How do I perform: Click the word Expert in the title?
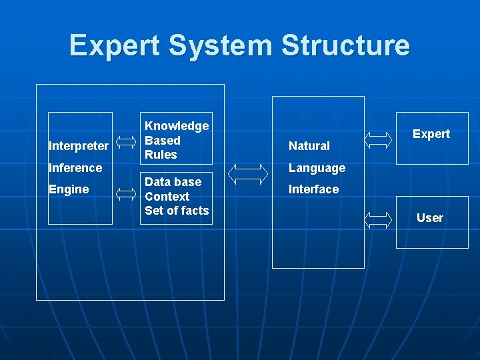(x=115, y=46)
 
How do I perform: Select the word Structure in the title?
(x=345, y=46)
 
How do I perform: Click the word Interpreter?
(x=79, y=146)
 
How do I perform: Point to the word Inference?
(x=75, y=168)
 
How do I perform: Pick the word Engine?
(x=69, y=189)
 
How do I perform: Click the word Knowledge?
(x=177, y=126)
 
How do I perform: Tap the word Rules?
(x=161, y=155)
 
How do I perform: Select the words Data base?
(x=173, y=182)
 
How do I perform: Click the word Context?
(x=167, y=197)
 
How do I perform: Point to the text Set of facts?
(x=177, y=211)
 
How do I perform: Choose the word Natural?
(x=309, y=146)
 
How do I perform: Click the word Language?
(x=317, y=168)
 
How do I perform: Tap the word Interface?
(x=313, y=189)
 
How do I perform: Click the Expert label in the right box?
(x=431, y=134)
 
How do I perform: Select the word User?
(x=430, y=218)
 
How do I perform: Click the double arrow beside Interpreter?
(x=127, y=141)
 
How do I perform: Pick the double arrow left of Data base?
(x=127, y=194)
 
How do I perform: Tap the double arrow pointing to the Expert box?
(x=380, y=139)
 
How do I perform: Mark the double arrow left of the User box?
(x=380, y=220)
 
